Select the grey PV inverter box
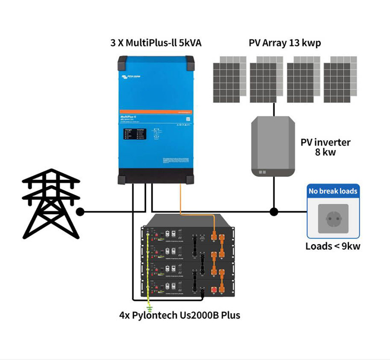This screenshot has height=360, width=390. (x=273, y=146)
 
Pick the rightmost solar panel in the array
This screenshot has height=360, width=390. (x=340, y=79)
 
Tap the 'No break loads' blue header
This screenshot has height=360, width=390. (x=333, y=191)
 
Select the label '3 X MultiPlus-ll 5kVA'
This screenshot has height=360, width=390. (x=156, y=43)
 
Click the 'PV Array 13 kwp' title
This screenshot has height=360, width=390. (x=285, y=43)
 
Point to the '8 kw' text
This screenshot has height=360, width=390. (x=325, y=152)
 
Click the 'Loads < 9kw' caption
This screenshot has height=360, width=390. (x=333, y=246)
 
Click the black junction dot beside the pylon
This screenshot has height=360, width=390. (x=80, y=212)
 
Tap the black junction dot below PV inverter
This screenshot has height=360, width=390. (x=273, y=212)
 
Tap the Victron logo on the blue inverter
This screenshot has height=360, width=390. (x=133, y=77)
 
